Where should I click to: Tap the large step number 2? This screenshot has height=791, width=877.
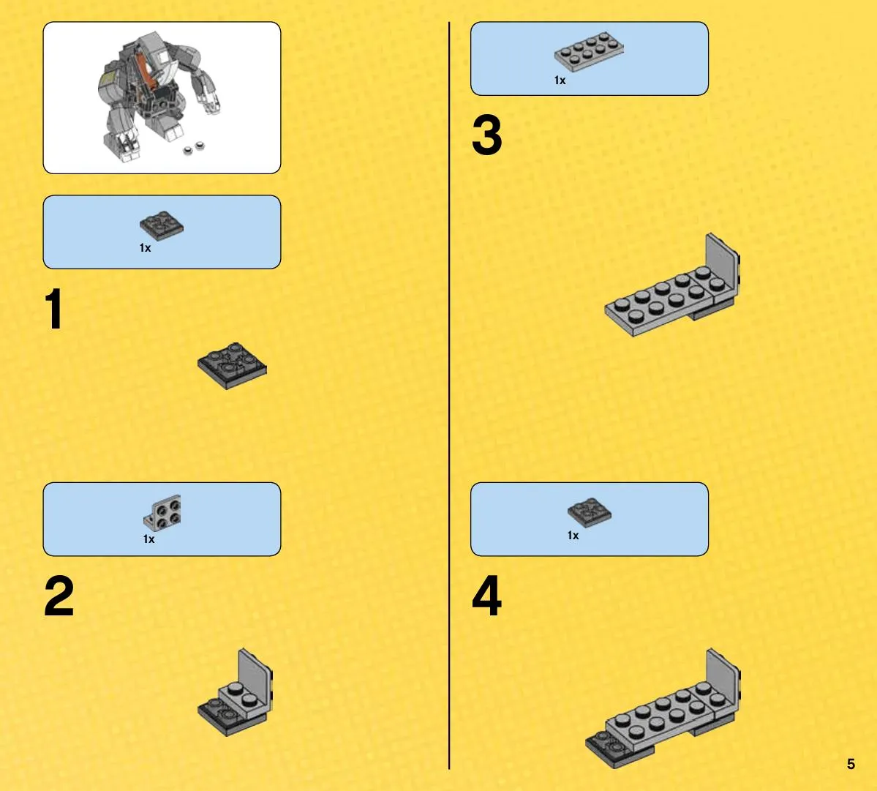click(x=59, y=596)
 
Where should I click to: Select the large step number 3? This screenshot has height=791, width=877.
click(x=486, y=135)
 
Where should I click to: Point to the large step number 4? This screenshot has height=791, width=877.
click(x=486, y=596)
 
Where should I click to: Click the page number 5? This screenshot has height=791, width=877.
click(x=851, y=764)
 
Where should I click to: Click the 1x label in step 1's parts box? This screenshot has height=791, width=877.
click(x=145, y=248)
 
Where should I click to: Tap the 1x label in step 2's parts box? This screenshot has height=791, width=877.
click(x=148, y=539)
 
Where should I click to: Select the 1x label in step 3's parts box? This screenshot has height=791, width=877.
click(x=560, y=80)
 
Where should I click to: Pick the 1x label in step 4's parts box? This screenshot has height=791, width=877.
click(x=573, y=536)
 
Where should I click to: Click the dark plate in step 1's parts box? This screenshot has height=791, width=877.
click(x=162, y=225)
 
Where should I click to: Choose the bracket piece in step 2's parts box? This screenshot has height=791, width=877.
click(x=162, y=513)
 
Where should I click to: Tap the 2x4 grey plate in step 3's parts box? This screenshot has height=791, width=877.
click(x=589, y=51)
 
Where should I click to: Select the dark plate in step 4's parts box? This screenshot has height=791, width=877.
click(x=590, y=512)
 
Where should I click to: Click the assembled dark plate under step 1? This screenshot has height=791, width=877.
click(x=232, y=366)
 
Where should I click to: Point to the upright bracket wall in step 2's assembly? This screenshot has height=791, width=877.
click(x=256, y=676)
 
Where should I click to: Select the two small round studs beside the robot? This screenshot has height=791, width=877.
click(x=194, y=149)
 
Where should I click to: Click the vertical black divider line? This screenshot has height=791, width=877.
click(x=449, y=395)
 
